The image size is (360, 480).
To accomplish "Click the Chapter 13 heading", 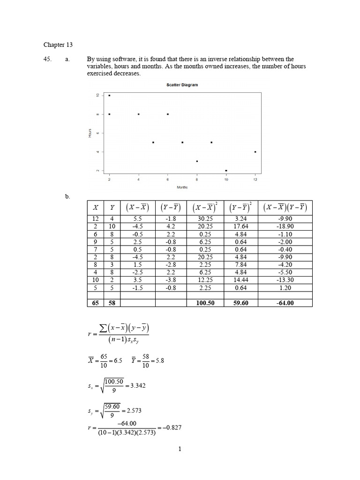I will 58,45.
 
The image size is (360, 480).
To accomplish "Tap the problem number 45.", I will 47,59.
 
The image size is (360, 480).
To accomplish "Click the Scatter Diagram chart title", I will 182,85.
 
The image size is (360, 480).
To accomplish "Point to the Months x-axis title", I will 182,187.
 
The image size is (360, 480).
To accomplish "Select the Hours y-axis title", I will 90,133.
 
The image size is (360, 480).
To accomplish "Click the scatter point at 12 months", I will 255,152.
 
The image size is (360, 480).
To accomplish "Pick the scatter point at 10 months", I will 226,171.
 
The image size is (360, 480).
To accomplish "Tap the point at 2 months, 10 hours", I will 110,95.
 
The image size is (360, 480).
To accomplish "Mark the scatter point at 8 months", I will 197,161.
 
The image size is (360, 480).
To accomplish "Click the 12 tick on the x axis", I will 255,180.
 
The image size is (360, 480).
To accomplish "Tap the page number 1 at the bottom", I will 180,449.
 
